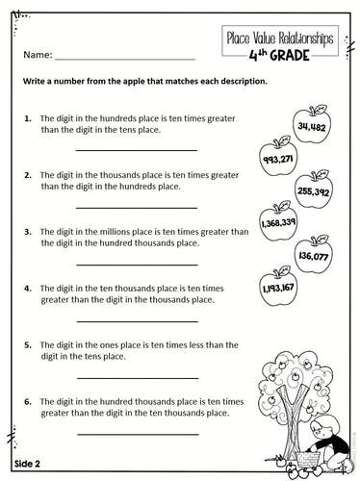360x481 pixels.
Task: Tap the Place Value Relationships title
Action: coord(279,38)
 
